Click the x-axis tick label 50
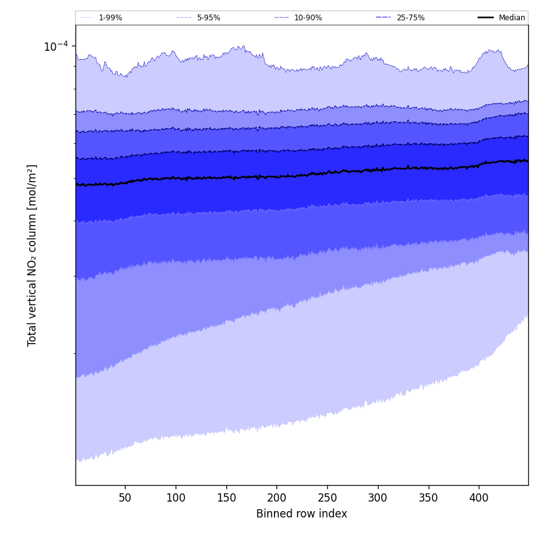click(125, 498)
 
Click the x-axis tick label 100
click(176, 498)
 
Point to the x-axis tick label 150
click(226, 498)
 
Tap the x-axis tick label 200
click(276, 498)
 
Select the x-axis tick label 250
click(327, 498)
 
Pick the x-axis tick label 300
click(378, 498)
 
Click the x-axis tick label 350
click(428, 498)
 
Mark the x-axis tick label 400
click(479, 498)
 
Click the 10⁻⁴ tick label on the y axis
click(56, 46)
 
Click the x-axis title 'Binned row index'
click(302, 514)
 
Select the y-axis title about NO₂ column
click(32, 255)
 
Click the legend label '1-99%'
click(110, 18)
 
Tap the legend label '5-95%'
click(209, 18)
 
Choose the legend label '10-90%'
click(308, 18)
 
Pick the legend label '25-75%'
click(410, 18)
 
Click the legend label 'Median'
click(512, 18)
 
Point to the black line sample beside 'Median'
click(486, 18)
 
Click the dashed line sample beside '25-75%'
click(383, 18)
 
